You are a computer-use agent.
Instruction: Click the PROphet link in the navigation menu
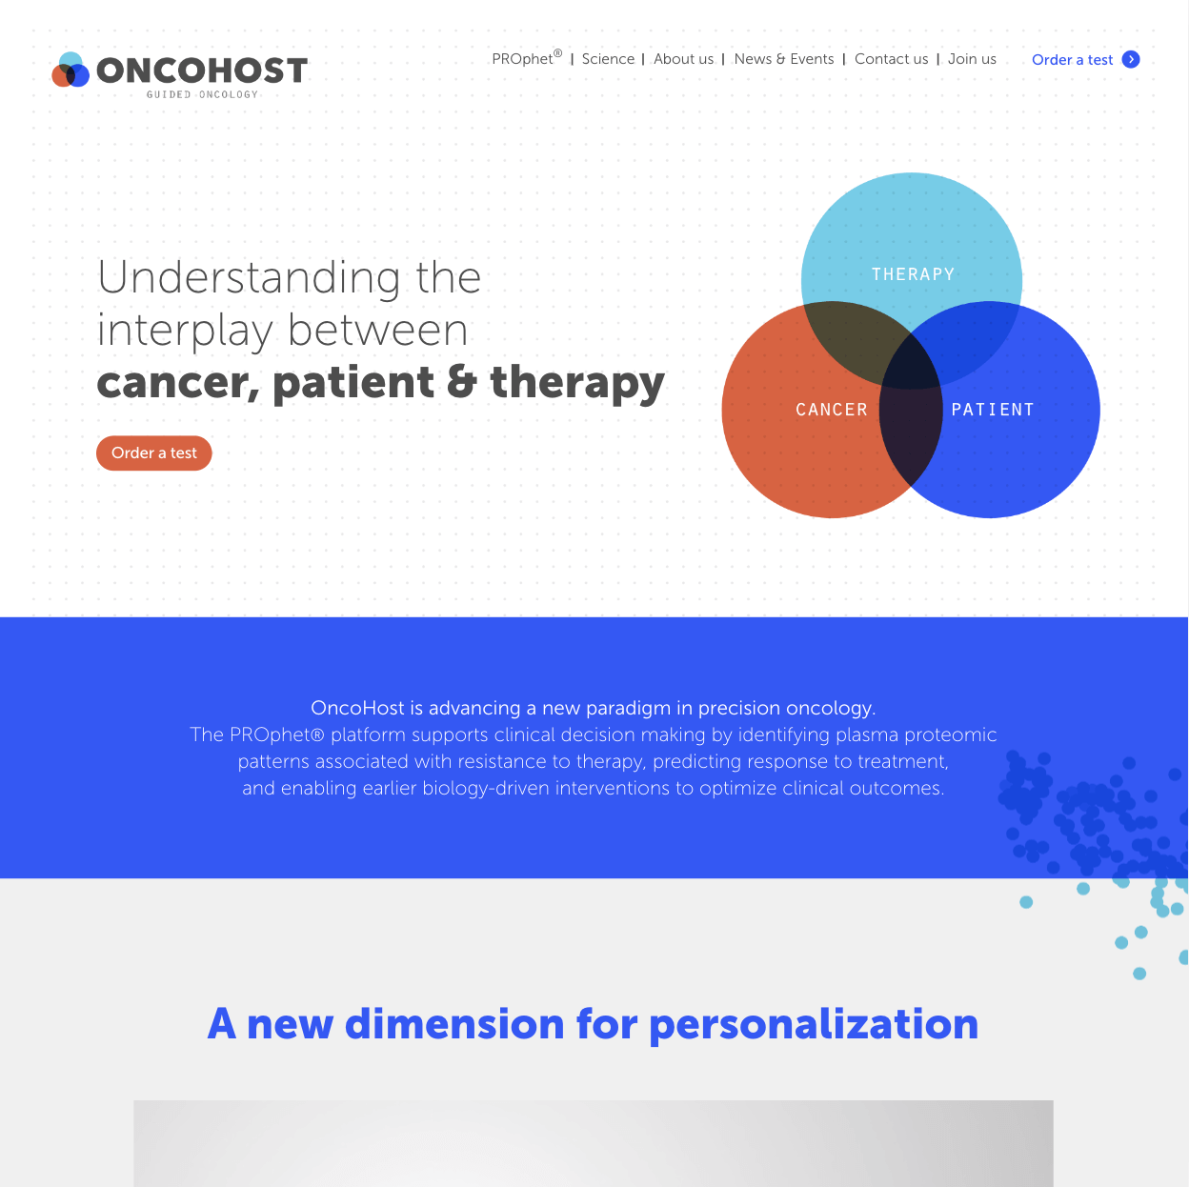pos(526,58)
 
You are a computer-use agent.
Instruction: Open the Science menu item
pos(608,59)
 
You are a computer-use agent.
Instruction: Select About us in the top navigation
pos(683,59)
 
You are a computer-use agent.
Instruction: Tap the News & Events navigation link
pos(784,59)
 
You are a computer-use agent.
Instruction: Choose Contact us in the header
pos(891,59)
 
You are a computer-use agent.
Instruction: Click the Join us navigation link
pos(972,59)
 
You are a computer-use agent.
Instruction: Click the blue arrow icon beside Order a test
pos(1130,59)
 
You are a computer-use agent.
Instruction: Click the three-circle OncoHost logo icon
pos(71,70)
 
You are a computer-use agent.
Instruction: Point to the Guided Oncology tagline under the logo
pos(202,94)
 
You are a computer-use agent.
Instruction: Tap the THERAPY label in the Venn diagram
pos(913,274)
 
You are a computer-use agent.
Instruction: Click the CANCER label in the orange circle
pos(831,410)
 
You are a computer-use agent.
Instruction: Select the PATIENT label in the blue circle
pos(992,410)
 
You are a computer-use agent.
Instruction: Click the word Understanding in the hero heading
pos(249,278)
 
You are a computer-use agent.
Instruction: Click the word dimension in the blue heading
pos(454,1024)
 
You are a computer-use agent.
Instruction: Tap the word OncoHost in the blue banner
pos(357,708)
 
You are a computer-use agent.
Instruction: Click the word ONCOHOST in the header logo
pos(202,70)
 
